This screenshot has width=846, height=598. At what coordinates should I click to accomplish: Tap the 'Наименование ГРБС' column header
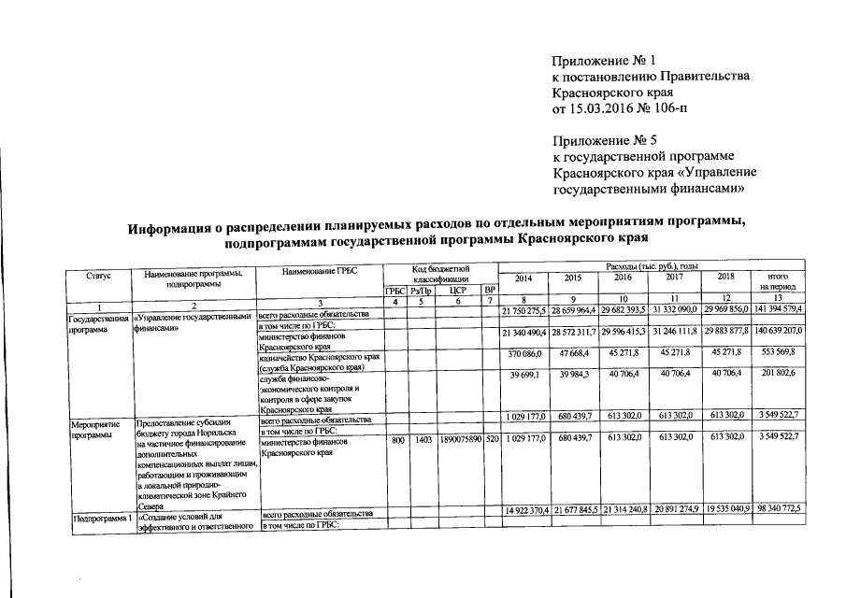(320, 271)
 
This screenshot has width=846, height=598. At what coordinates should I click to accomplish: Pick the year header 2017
(674, 278)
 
